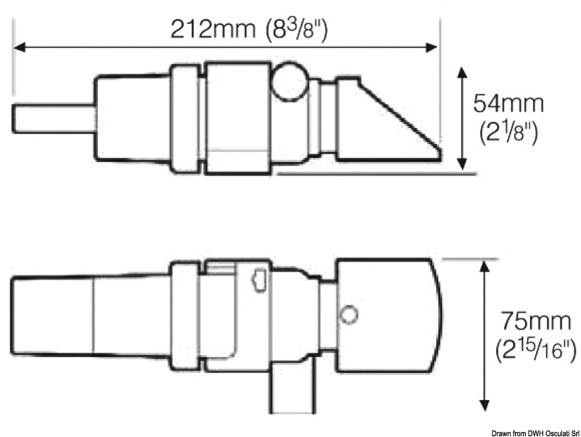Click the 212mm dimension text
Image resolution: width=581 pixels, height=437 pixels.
tap(213, 29)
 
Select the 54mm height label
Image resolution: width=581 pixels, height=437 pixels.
tap(508, 103)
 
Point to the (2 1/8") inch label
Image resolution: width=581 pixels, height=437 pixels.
tap(508, 132)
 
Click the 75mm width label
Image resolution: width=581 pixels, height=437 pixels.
tap(535, 321)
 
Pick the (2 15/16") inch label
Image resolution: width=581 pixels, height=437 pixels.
tap(536, 350)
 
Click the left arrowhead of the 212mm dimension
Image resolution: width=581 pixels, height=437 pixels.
tap(20, 47)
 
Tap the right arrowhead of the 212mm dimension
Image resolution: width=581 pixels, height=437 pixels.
tap(431, 47)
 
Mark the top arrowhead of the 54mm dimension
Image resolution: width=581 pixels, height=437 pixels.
tap(462, 73)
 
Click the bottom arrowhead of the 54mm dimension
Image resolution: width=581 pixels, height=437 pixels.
tap(462, 164)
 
